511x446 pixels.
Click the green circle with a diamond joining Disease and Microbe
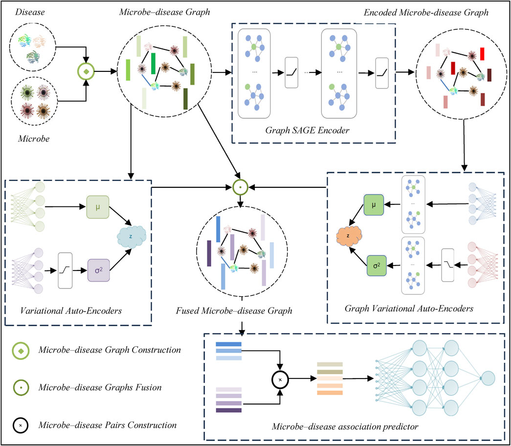[x=86, y=72]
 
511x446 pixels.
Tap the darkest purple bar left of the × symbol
[x=228, y=410]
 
